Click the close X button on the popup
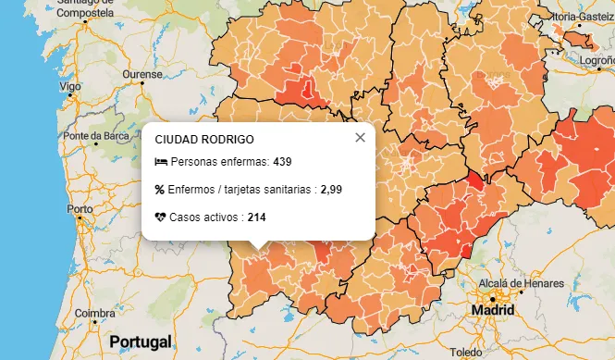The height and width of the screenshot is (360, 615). [360, 138]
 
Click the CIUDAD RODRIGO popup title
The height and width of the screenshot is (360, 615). [204, 139]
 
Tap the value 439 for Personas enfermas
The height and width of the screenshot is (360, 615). [282, 162]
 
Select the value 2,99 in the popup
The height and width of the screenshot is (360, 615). [331, 190]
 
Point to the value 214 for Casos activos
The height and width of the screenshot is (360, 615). [257, 217]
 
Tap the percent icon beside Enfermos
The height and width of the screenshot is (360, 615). [160, 190]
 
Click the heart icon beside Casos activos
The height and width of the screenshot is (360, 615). [161, 217]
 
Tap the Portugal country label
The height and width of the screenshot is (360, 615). [141, 341]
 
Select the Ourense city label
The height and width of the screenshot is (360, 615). [143, 73]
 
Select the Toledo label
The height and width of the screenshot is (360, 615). [468, 353]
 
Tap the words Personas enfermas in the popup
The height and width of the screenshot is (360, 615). [219, 162]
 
